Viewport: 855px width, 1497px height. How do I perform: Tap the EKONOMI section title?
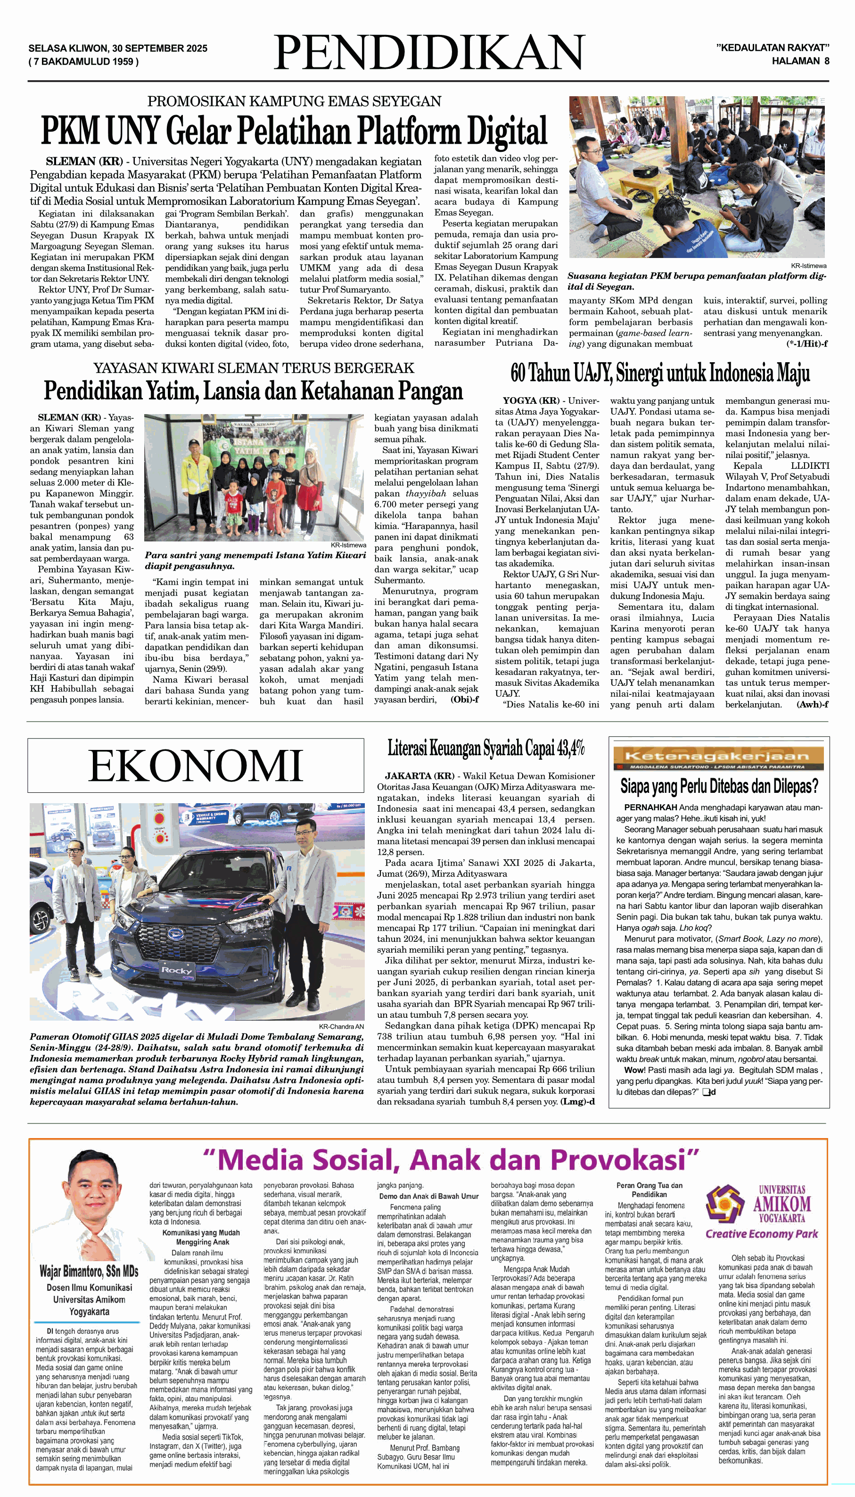click(x=196, y=765)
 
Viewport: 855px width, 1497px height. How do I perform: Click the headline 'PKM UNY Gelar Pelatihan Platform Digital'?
click(x=294, y=131)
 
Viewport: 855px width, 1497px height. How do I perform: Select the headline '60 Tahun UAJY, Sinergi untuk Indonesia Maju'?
click(x=660, y=373)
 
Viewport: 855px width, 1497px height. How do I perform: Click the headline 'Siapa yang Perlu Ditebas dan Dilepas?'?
click(x=719, y=786)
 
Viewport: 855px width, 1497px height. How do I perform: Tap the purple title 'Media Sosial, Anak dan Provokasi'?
click(x=451, y=1160)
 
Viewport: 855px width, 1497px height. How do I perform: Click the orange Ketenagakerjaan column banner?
click(x=718, y=758)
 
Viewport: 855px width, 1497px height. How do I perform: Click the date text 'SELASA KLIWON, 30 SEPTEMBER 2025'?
click(x=117, y=48)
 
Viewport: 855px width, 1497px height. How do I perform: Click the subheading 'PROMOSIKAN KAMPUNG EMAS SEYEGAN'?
click(x=294, y=101)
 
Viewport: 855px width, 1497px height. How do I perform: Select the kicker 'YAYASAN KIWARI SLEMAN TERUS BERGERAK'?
click(x=254, y=368)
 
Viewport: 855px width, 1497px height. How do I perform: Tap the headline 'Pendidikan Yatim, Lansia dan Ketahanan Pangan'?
click(x=254, y=391)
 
